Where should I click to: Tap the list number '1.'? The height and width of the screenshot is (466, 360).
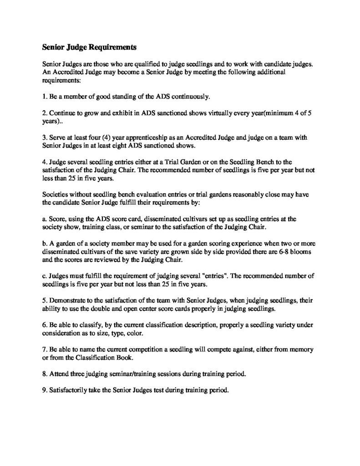click(45, 96)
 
